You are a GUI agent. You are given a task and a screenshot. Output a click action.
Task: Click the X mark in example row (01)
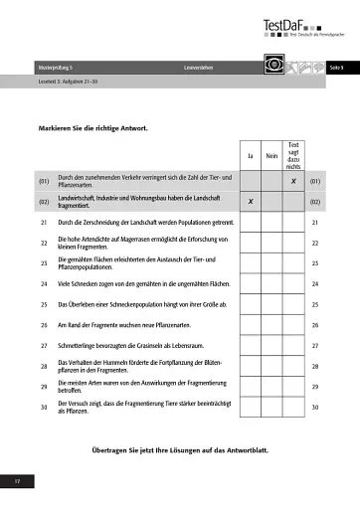[x=293, y=182]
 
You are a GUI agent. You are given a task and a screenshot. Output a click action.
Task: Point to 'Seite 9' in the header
[x=335, y=66]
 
